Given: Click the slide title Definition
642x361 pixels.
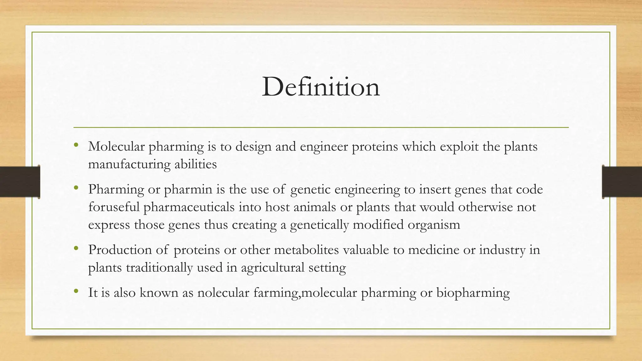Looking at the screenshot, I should click(x=321, y=87).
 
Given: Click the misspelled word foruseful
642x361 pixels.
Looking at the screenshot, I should click(x=114, y=207).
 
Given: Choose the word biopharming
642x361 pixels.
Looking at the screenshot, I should click(x=473, y=293).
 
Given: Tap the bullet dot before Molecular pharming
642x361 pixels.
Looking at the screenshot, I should click(x=76, y=145).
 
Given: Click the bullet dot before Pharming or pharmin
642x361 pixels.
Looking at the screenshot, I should click(x=76, y=188).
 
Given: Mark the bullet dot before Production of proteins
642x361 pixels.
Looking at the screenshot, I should click(x=76, y=249).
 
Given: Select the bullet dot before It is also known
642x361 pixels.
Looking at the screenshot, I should click(x=76, y=291).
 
